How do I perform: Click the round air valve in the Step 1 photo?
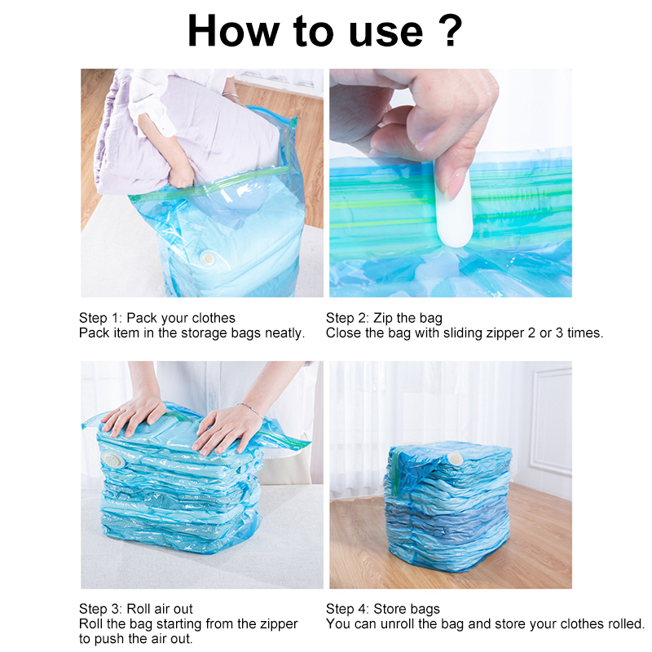pos(208,258)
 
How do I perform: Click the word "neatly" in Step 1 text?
pos(282,333)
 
